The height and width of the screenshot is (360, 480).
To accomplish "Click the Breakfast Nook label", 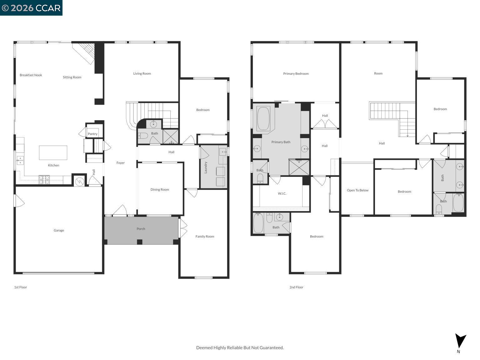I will point(31,75).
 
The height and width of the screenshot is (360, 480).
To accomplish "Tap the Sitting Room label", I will point(72,77).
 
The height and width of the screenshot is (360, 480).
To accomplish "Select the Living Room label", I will point(142,74).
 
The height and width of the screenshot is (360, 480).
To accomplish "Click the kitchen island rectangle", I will point(53,153).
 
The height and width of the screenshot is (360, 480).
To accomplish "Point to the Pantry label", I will point(92,134).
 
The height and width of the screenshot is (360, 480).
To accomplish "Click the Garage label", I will point(59,231).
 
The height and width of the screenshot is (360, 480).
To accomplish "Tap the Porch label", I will point(141,229).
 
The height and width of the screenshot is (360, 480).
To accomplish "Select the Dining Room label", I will point(160,190).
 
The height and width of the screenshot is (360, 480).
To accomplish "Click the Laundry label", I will point(206,167).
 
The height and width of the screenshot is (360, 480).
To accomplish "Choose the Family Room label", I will point(205,237).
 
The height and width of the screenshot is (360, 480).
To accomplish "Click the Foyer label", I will point(121,163).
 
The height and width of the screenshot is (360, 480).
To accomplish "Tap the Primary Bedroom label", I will point(296,74).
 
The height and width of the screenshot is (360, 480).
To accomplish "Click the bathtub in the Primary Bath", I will point(263,119).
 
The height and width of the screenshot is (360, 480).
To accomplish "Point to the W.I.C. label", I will point(282,194).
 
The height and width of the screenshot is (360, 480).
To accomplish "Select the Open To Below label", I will point(357,190).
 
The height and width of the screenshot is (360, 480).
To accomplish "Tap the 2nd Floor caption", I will point(296,287).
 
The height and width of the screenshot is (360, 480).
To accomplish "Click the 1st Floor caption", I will point(21,287).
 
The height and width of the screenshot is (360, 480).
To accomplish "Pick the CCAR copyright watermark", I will point(31,8).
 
